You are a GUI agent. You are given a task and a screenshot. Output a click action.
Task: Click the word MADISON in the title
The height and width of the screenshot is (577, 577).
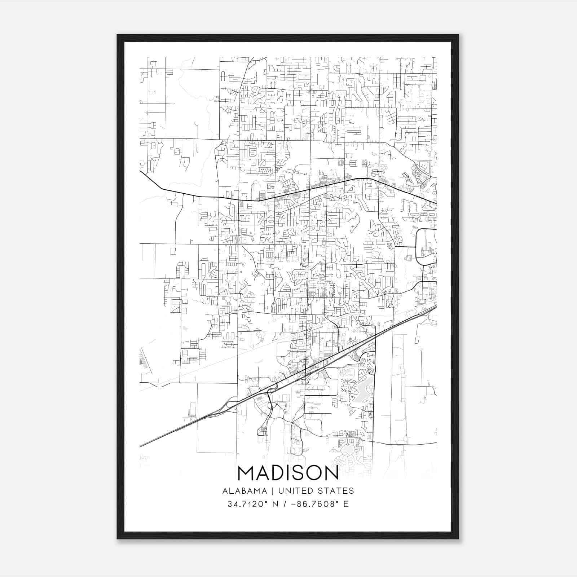288,473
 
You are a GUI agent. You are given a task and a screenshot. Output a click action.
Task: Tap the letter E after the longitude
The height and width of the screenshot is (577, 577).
346,504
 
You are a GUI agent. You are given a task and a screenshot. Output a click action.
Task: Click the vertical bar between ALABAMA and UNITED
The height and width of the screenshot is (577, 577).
272,491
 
